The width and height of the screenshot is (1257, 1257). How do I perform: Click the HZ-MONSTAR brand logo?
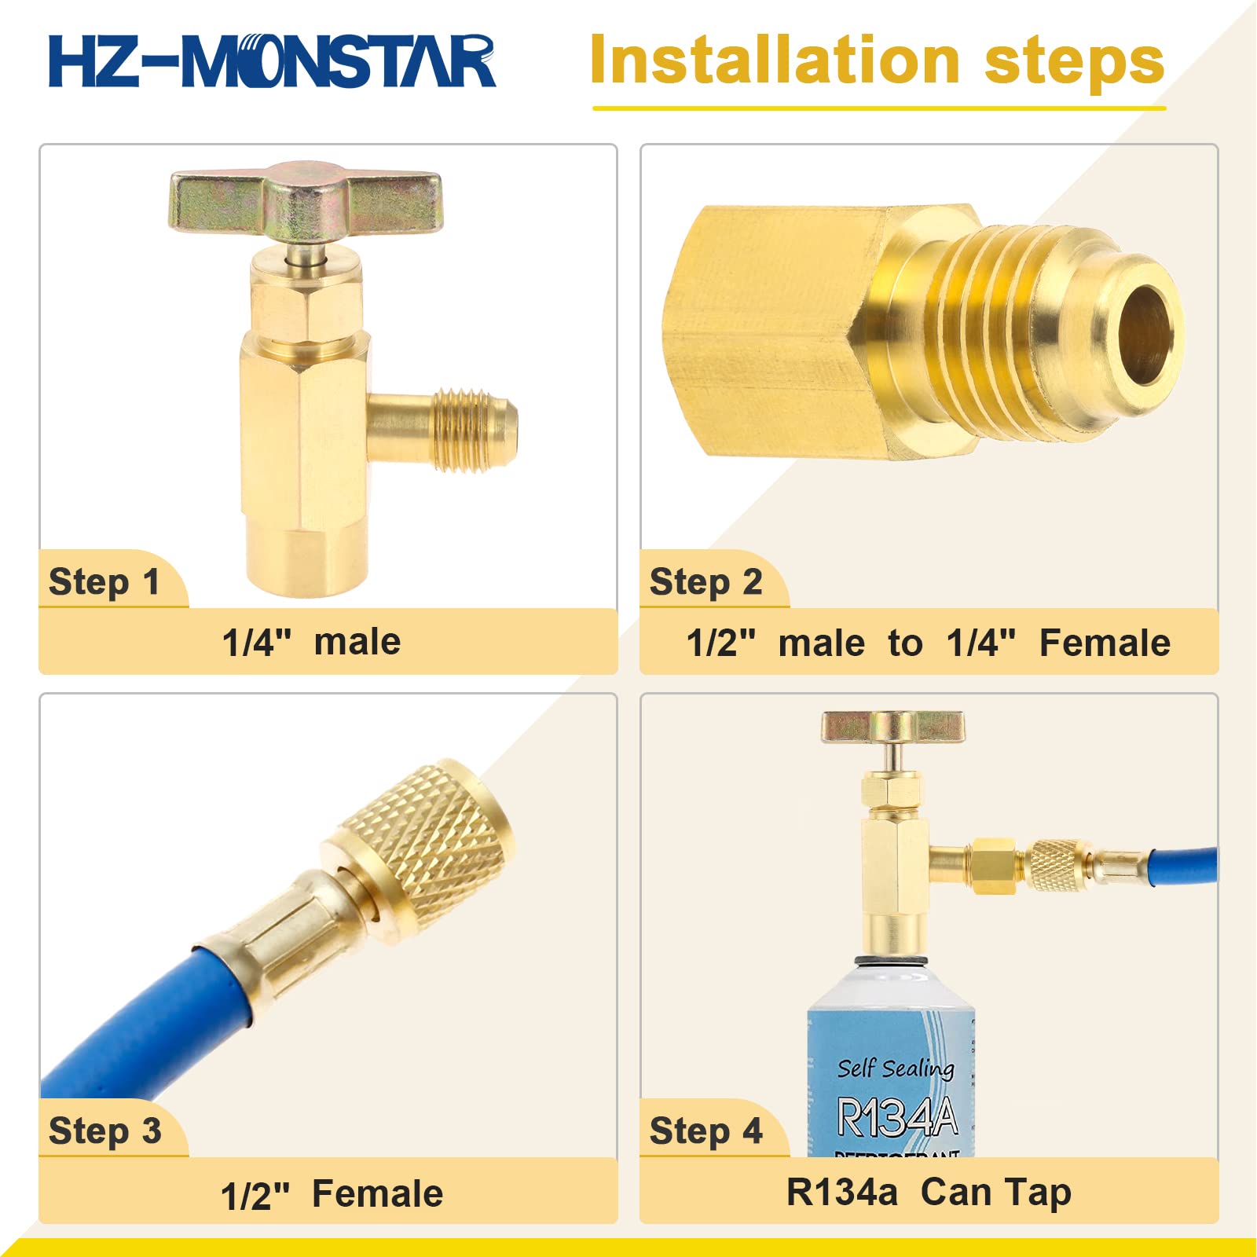[x=271, y=61]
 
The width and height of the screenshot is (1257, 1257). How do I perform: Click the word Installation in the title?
[x=774, y=61]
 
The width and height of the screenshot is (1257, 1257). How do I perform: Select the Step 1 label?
[x=104, y=582]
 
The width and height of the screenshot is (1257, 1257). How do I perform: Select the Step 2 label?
[x=705, y=582]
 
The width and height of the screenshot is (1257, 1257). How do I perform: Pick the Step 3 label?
[x=104, y=1131]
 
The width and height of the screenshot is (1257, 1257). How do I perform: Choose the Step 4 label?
[x=705, y=1131]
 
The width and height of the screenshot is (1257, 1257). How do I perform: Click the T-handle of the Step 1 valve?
[x=305, y=200]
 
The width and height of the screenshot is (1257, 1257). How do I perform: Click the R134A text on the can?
[x=897, y=1116]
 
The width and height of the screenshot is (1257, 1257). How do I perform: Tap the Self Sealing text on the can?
[x=896, y=1068]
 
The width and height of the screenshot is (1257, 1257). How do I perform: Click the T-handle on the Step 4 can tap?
[x=892, y=727]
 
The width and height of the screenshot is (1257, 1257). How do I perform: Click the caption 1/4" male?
[x=311, y=642]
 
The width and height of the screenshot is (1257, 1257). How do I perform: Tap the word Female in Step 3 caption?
[x=378, y=1194]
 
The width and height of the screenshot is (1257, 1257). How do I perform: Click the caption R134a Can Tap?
[x=929, y=1192]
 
